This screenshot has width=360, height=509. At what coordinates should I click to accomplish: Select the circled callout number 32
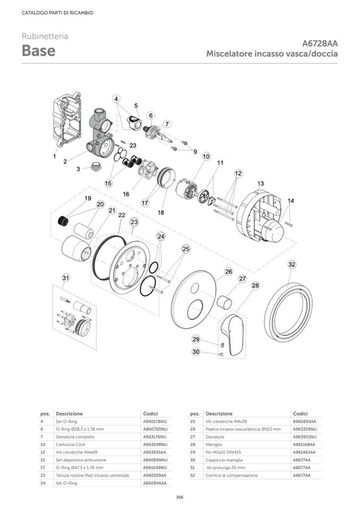click(292, 264)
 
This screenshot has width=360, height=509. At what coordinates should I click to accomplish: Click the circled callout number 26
click(228, 271)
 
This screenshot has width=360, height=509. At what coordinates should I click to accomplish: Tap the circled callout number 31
click(65, 278)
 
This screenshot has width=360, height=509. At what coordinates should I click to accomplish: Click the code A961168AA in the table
click(304, 444)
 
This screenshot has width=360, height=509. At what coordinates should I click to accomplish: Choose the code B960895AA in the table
click(304, 421)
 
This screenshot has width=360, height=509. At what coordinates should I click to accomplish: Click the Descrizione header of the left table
click(69, 413)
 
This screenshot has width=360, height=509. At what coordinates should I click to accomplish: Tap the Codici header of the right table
click(300, 413)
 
